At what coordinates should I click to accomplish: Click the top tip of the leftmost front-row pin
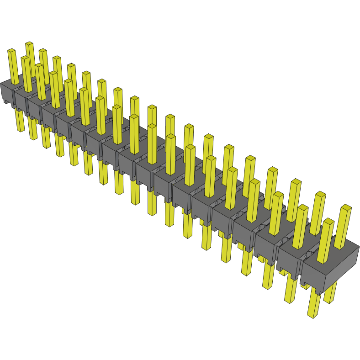(11, 51)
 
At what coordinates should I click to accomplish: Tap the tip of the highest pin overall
(29, 44)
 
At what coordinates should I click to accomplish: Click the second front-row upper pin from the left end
(26, 73)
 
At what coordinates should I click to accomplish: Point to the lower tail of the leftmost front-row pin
(19, 121)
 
